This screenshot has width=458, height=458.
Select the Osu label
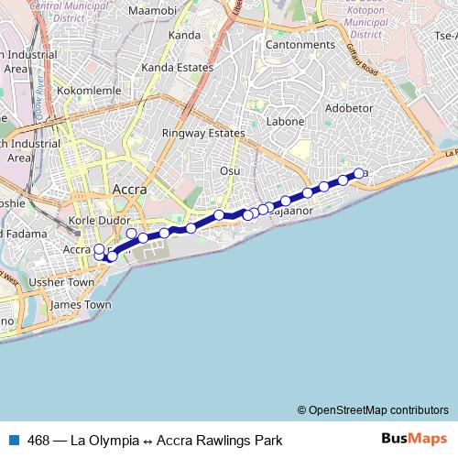230,171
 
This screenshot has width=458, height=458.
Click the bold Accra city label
129,190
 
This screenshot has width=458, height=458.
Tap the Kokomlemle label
82,92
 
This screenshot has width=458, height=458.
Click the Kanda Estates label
183,68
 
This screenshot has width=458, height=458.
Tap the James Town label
81,305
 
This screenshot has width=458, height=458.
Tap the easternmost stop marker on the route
359,172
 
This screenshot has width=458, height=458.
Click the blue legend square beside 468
12,440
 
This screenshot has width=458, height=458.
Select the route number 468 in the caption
39,440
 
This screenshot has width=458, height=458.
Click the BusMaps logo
415,439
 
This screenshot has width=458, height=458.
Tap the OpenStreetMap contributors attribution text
373,409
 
